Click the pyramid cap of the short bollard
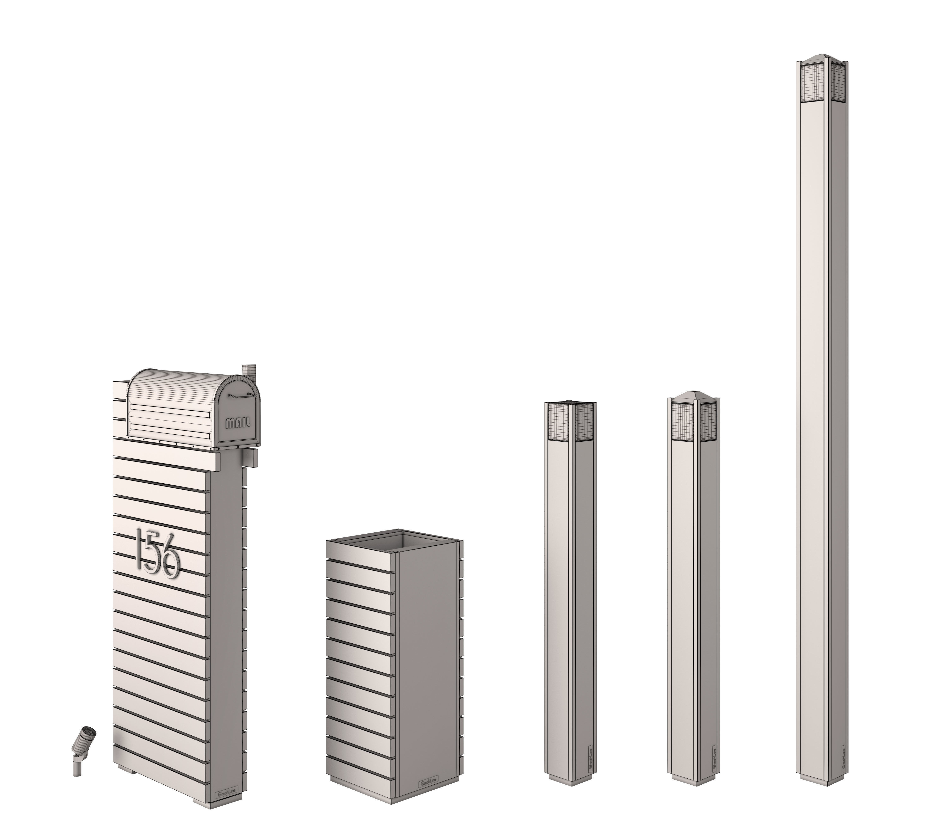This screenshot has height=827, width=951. (693, 396)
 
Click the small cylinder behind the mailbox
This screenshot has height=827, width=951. (250, 370)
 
